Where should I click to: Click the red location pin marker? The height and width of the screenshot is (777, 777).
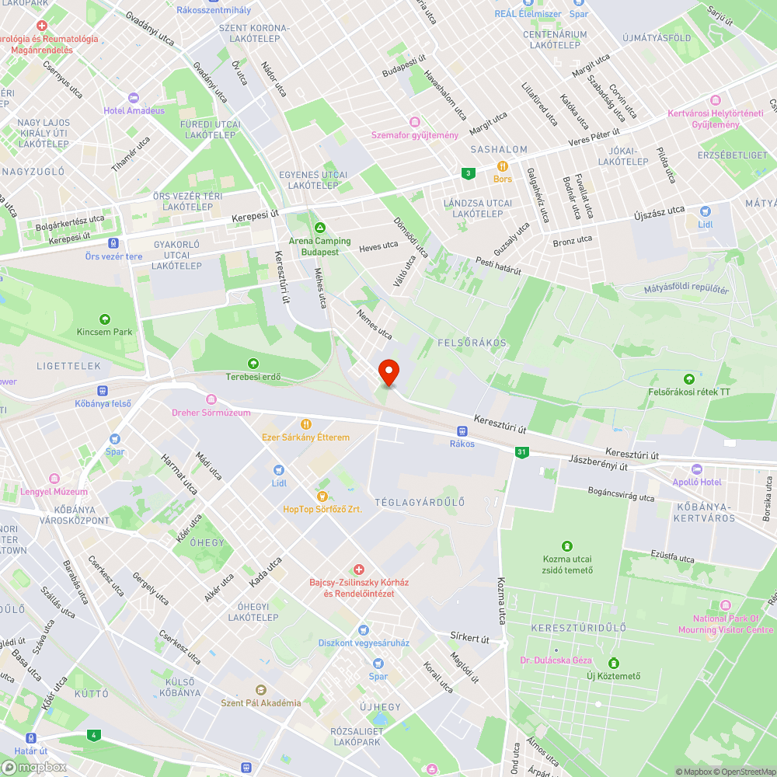(388, 371)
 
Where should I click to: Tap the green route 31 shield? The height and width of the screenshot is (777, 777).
(521, 451)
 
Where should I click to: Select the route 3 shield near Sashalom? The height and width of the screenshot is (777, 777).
(467, 173)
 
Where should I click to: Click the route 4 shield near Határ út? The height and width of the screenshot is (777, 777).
(94, 734)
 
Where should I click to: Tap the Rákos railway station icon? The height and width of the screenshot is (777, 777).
(462, 430)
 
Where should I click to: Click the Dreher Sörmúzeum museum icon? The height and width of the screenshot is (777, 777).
(211, 399)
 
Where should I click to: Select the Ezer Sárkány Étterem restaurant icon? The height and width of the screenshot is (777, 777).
(306, 424)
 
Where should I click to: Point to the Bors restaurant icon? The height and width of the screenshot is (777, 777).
(503, 166)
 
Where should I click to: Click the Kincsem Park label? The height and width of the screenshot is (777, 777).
(105, 332)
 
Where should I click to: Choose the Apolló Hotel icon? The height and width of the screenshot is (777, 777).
(696, 469)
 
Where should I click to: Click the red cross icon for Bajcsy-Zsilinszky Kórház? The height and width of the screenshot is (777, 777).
(359, 570)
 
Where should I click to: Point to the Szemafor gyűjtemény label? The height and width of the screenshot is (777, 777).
(415, 135)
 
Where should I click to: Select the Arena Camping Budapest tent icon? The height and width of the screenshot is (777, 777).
(319, 228)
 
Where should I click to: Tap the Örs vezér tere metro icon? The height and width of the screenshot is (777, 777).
(114, 243)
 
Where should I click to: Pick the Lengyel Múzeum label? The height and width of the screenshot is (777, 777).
(54, 492)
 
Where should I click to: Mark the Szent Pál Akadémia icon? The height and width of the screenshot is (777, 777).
(260, 690)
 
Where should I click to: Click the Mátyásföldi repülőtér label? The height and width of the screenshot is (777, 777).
(686, 290)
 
